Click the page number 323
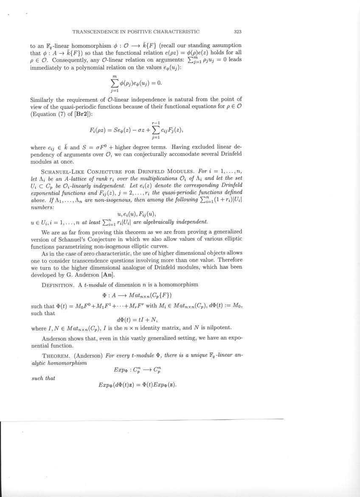[238, 31]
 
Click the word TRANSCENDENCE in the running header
[94, 31]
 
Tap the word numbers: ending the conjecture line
[40, 206]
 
